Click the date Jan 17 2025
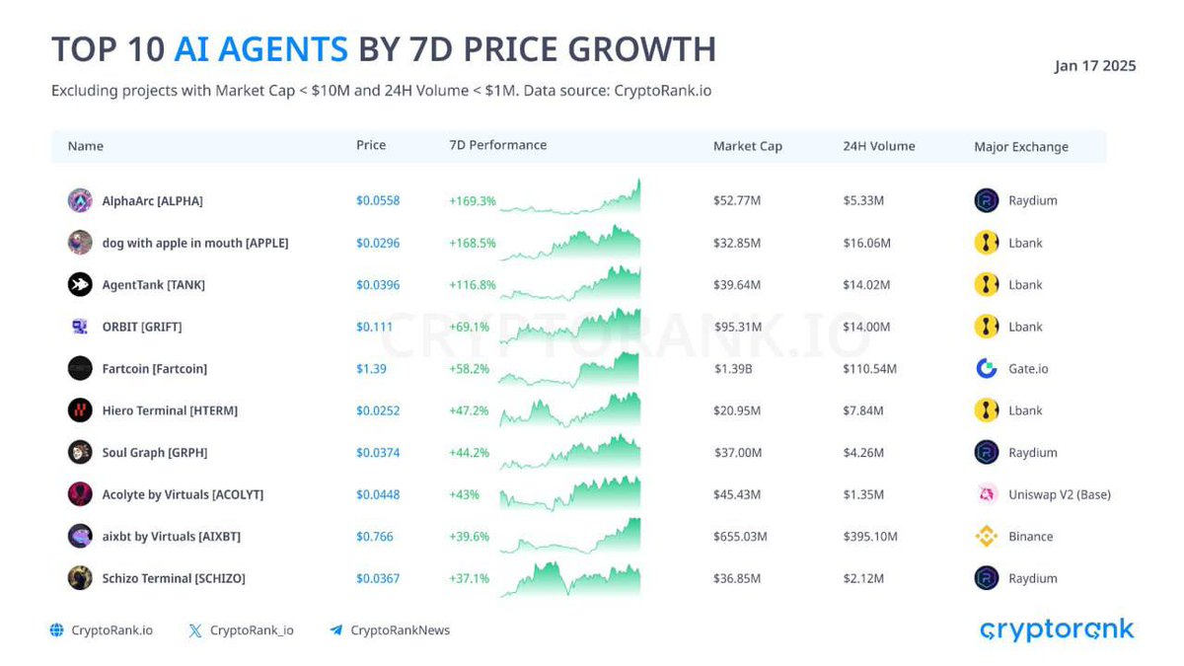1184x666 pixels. tap(1095, 66)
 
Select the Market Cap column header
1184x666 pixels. tap(747, 146)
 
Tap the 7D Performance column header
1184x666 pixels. tap(497, 145)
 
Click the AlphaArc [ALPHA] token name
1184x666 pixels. tap(152, 200)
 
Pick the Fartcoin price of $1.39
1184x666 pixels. tap(370, 368)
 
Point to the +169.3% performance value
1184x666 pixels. tap(472, 200)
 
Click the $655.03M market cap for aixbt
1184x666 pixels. tap(740, 537)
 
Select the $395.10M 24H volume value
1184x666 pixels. tap(870, 537)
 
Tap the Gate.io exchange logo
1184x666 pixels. tap(987, 368)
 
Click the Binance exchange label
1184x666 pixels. tap(1030, 537)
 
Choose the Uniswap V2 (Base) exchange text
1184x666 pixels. tap(1059, 494)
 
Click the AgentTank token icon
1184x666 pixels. tap(80, 284)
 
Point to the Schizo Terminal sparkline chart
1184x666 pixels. tap(570, 579)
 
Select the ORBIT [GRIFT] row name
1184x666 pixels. tap(142, 327)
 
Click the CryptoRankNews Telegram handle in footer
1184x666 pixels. tap(400, 630)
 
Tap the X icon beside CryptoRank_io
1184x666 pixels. tap(195, 630)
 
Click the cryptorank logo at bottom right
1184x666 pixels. tap(1057, 629)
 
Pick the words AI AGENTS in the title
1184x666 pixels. tap(260, 49)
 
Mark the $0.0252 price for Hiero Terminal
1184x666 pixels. tap(378, 410)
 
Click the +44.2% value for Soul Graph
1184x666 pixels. tap(469, 453)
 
